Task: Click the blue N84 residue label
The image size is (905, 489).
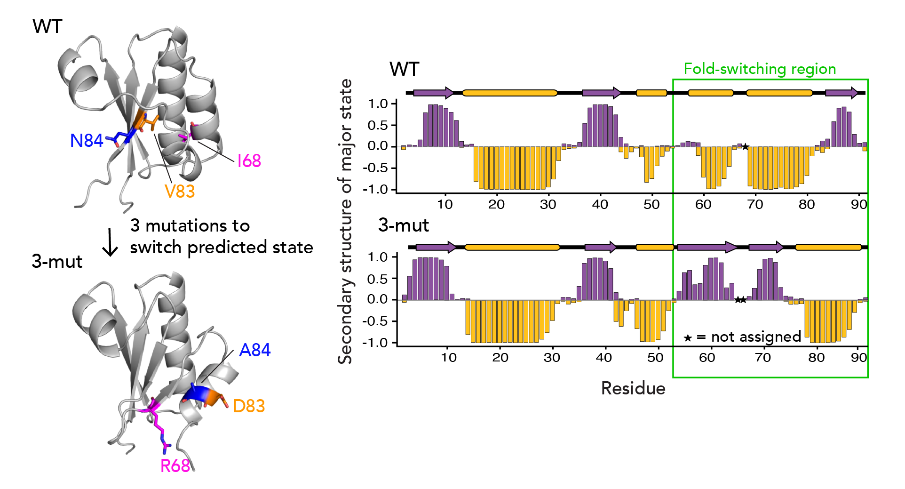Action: coord(86,141)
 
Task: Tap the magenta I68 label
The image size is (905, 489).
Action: coord(249,161)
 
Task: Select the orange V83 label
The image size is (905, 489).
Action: coord(179,192)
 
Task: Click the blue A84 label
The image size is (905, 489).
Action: coord(254,350)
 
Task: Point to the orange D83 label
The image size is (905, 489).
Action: coord(249,406)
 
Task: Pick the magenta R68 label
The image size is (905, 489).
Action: coord(175,466)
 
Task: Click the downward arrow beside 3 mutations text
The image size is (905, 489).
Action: coord(110,242)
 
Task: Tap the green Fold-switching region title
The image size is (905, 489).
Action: coord(759,69)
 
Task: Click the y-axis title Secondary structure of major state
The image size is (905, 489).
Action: coord(345,221)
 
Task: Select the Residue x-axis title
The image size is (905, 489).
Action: coord(633,389)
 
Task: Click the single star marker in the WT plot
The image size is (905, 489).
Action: coord(745,147)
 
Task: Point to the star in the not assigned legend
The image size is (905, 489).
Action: coord(688,338)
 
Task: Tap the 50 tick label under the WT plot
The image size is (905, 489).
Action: coord(651,205)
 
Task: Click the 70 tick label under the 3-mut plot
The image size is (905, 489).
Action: coord(762,358)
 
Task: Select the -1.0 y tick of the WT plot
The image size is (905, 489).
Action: coord(375,190)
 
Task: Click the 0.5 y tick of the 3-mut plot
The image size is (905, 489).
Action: coord(378,279)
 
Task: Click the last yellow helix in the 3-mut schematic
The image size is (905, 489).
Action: coord(828,247)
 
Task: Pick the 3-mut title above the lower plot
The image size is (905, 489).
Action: coord(403,225)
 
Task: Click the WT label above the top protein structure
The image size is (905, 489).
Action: coord(47,26)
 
